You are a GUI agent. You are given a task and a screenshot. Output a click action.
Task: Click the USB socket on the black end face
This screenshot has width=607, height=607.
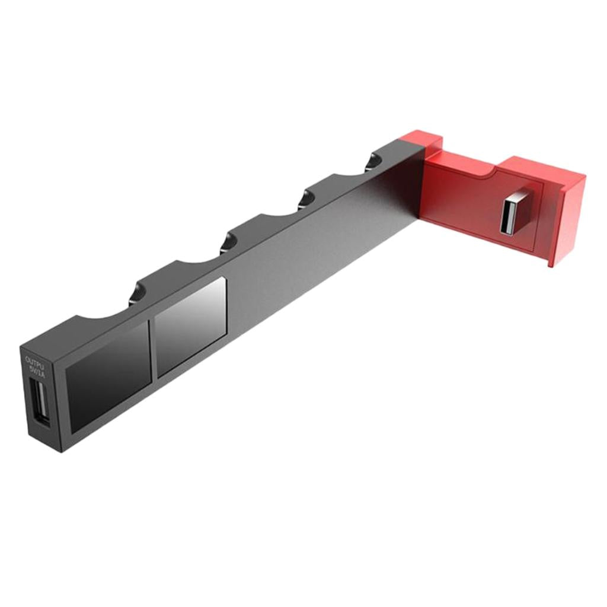39,401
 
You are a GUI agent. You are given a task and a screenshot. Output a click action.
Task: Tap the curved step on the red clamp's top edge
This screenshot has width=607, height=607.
492,173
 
